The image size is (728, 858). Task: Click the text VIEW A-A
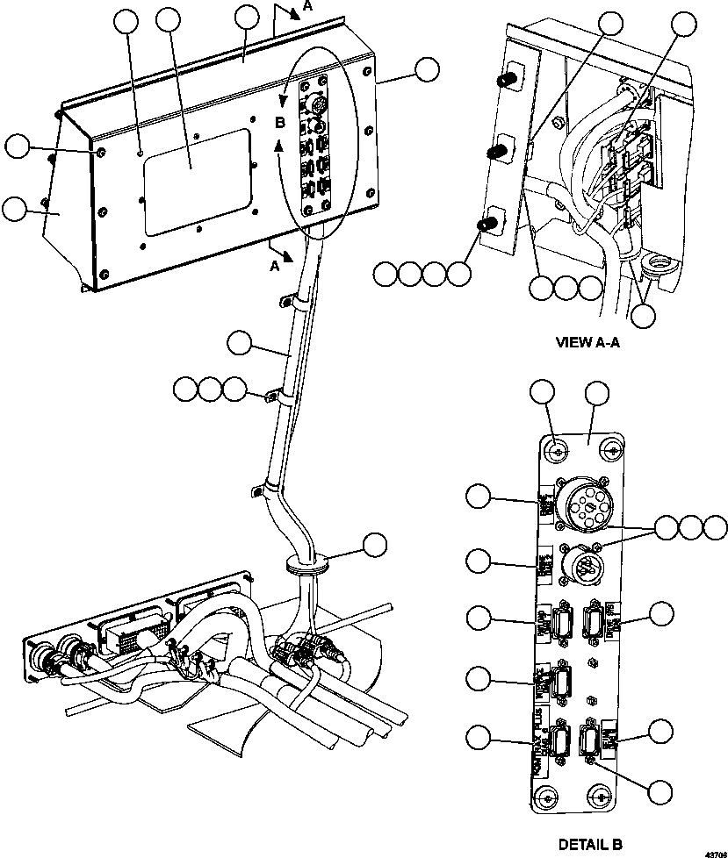point(587,343)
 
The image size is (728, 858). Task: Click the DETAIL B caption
point(590,845)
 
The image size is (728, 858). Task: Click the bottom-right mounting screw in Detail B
point(601,797)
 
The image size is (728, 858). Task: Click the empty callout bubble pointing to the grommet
point(375,545)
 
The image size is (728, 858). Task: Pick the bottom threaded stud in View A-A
point(484,225)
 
